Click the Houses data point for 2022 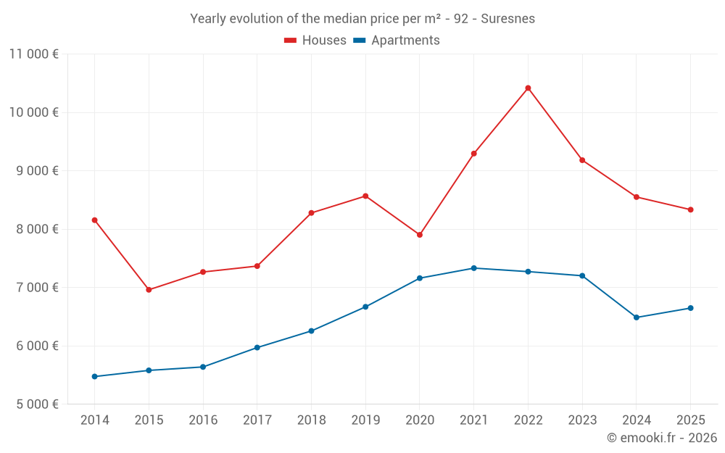click(528, 88)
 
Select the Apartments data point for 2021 click(473, 268)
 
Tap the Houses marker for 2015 click(149, 290)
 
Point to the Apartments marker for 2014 click(95, 377)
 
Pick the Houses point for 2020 click(420, 235)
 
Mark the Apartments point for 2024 click(637, 317)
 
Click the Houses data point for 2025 click(690, 209)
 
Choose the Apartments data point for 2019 click(365, 307)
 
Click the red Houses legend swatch click(290, 41)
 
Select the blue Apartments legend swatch click(359, 41)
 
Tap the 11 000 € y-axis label click(34, 54)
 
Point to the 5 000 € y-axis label click(34, 404)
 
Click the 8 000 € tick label click(34, 229)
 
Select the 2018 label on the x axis click(311, 420)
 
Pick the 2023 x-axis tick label click(582, 420)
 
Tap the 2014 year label click(95, 420)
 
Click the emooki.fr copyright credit click(662, 438)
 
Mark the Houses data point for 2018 click(311, 213)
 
